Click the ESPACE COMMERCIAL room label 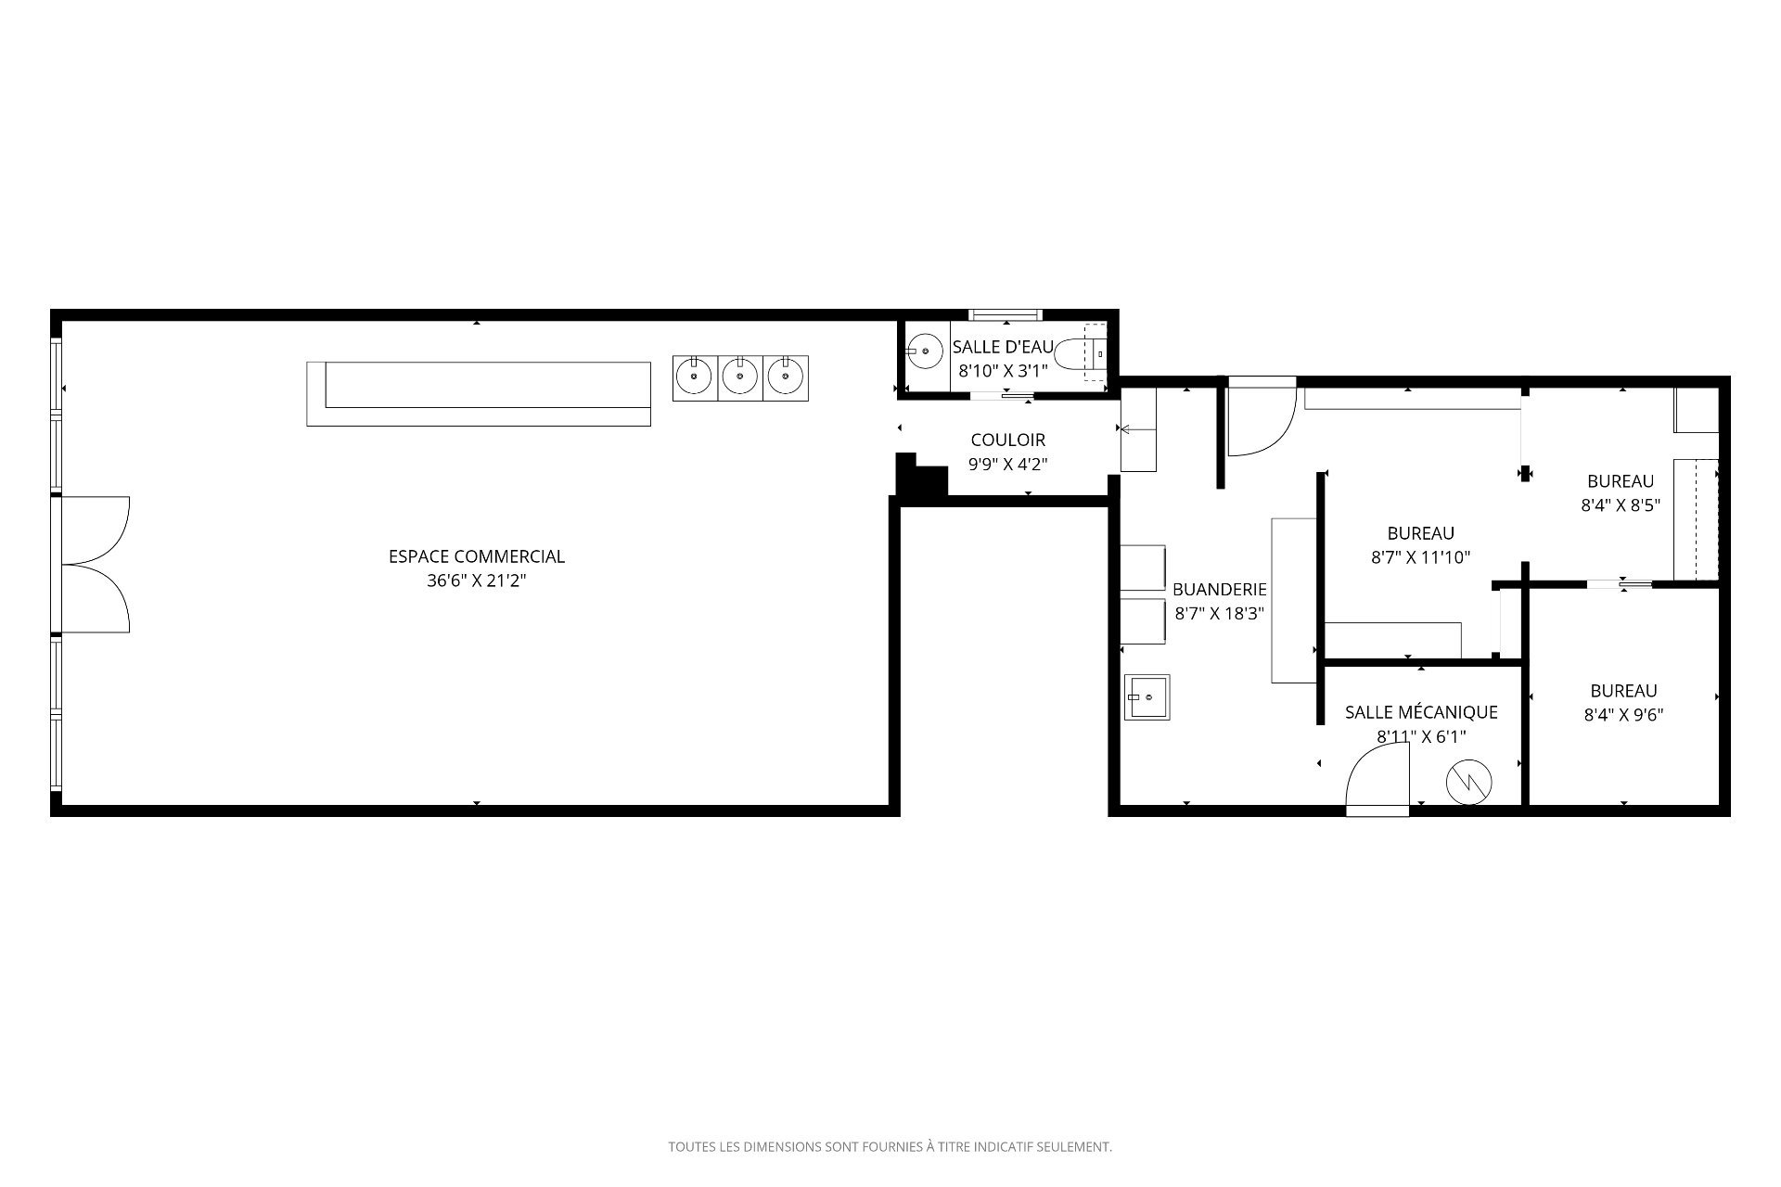coord(477,556)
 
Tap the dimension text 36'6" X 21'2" coord(477,581)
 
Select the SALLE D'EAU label coord(1003,347)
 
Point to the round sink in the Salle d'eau coord(925,351)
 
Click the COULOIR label coord(1008,440)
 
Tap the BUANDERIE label coord(1220,589)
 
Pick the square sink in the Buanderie coord(1147,696)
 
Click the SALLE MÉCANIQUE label coord(1421,712)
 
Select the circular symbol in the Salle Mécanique coord(1468,781)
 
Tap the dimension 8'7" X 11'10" coord(1421,557)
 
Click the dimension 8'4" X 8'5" coord(1621,505)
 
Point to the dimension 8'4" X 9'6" coord(1624,715)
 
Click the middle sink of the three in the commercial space coord(740,378)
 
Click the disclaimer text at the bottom coord(890,1147)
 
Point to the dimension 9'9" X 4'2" coord(1008,464)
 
